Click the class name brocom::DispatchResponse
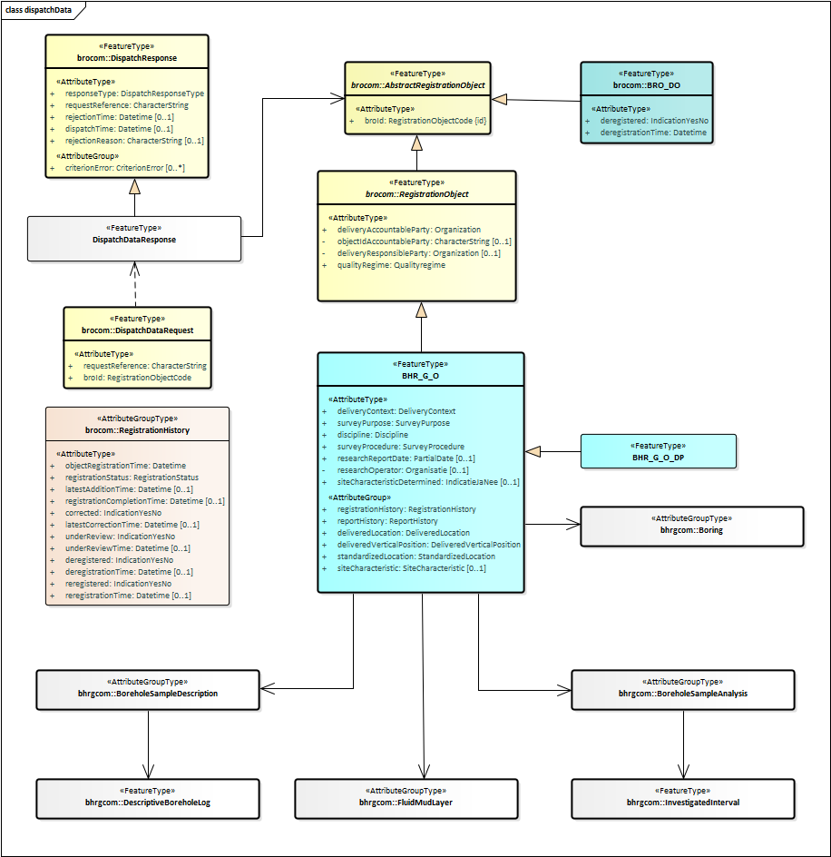coord(127,57)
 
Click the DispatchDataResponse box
coord(134,239)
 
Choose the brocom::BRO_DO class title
coord(646,84)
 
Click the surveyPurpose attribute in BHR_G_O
coord(393,423)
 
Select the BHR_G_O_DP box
coord(659,451)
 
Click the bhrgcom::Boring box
coord(691,527)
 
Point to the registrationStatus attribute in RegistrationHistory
coord(132,477)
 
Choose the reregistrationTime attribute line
coord(128,596)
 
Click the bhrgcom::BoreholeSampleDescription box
coord(148,689)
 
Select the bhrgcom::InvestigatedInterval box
coord(682,797)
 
